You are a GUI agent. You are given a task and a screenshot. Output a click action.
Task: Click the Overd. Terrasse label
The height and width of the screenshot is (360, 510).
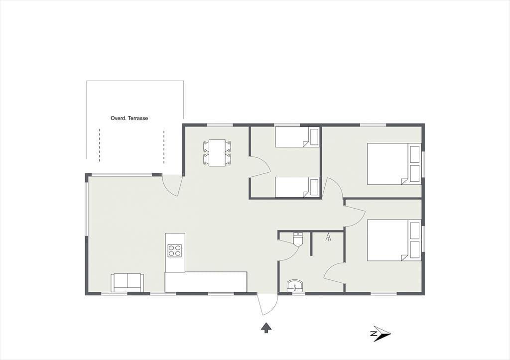pos(129,119)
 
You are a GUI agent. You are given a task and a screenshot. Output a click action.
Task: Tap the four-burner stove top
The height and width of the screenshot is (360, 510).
pos(175,251)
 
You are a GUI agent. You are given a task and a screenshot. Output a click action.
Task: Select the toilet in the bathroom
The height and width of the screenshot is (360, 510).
pos(298,240)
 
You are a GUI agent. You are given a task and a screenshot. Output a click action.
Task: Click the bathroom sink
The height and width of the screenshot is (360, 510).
pos(295,285)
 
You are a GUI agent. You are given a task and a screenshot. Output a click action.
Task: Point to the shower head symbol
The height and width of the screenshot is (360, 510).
pos(329,237)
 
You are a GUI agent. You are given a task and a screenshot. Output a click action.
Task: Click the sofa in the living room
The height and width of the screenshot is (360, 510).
pos(127,283)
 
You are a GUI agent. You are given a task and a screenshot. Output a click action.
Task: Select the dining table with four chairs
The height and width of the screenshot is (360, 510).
pos(217,153)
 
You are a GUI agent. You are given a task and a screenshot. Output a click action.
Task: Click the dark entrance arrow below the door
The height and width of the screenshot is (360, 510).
pos(266,328)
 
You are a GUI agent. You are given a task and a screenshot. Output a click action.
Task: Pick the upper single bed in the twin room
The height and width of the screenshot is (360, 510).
pos(297,137)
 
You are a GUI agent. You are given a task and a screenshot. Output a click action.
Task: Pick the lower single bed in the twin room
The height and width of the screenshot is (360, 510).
pos(297,187)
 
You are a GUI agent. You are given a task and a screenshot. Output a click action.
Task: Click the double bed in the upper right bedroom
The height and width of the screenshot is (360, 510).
pos(394,164)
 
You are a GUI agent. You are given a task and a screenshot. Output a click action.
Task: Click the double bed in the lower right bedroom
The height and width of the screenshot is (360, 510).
pos(394,240)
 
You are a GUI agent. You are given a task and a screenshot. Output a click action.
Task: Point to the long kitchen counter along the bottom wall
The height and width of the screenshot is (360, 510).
pos(206,282)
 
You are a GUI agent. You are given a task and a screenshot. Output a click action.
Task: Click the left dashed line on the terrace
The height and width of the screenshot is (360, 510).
pos(100,145)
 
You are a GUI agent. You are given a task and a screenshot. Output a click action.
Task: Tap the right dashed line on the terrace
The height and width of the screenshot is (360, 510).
pos(164,147)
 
